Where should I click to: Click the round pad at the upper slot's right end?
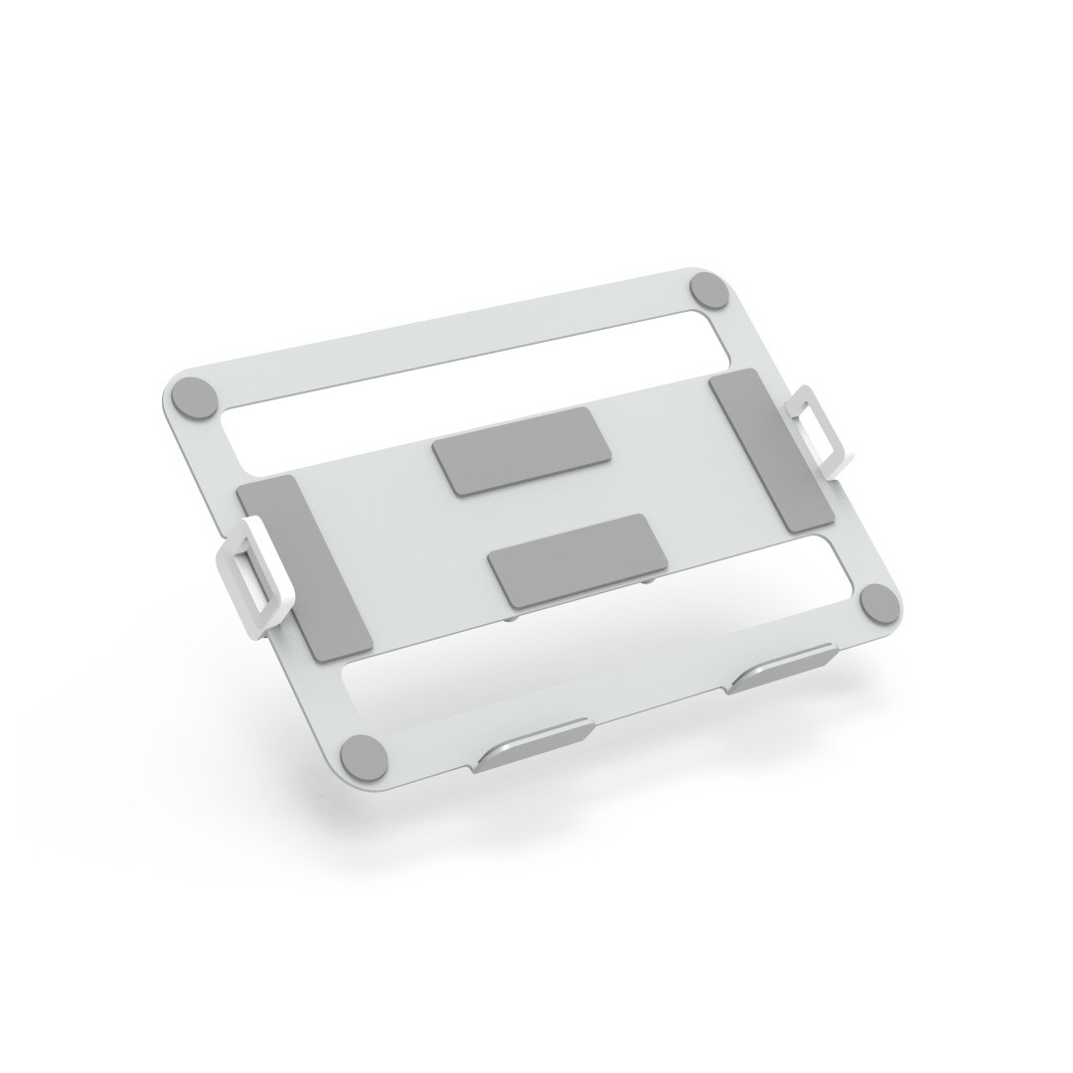pyautogui.click(x=710, y=292)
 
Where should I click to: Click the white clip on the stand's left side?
pyautogui.click(x=245, y=579)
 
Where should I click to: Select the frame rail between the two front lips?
pyautogui.click(x=661, y=713)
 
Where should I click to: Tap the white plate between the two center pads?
pyautogui.click(x=536, y=507)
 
